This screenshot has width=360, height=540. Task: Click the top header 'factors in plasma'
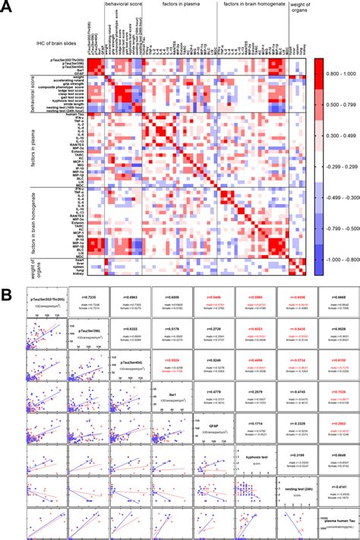180,5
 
